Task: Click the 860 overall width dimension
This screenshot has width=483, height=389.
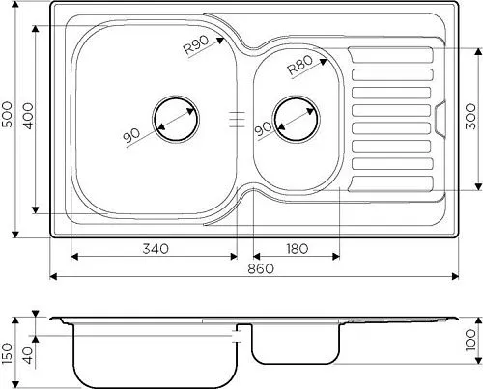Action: pos(261,268)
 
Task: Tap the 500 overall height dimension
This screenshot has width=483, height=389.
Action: pos(7,115)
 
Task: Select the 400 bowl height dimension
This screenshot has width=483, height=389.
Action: pos(28,116)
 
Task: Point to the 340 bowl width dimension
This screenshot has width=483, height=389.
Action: pos(156,248)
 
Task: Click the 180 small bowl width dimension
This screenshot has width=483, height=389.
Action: pos(297,248)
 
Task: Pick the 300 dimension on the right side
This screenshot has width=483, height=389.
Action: pos(470,117)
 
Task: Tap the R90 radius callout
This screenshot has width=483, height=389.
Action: pos(196,44)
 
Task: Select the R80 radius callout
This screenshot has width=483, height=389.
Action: pos(299,65)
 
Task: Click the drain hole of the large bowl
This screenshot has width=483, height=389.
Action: pos(176,119)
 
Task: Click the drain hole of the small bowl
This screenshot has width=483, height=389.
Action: pos(296,119)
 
